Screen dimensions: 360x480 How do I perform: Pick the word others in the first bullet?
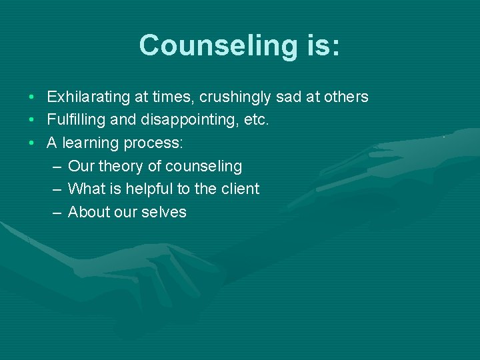tap(346, 97)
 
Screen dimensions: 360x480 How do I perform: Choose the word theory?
tap(121, 167)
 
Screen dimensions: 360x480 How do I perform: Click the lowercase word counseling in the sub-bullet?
tap(203, 167)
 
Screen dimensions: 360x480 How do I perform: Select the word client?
tap(240, 189)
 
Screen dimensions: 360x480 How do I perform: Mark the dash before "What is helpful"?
tap(56, 189)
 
